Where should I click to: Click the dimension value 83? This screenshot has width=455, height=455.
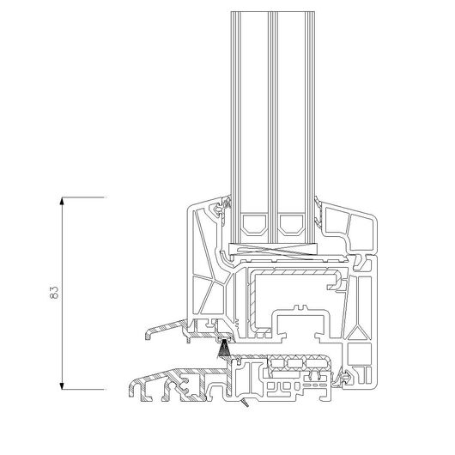(54, 293)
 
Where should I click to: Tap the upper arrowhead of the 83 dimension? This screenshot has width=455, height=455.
(62, 201)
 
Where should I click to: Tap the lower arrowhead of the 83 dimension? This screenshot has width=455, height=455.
(62, 385)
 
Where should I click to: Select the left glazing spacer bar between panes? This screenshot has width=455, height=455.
(254, 224)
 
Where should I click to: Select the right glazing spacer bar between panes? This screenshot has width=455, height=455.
(292, 224)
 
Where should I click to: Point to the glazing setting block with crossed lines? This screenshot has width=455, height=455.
(273, 250)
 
